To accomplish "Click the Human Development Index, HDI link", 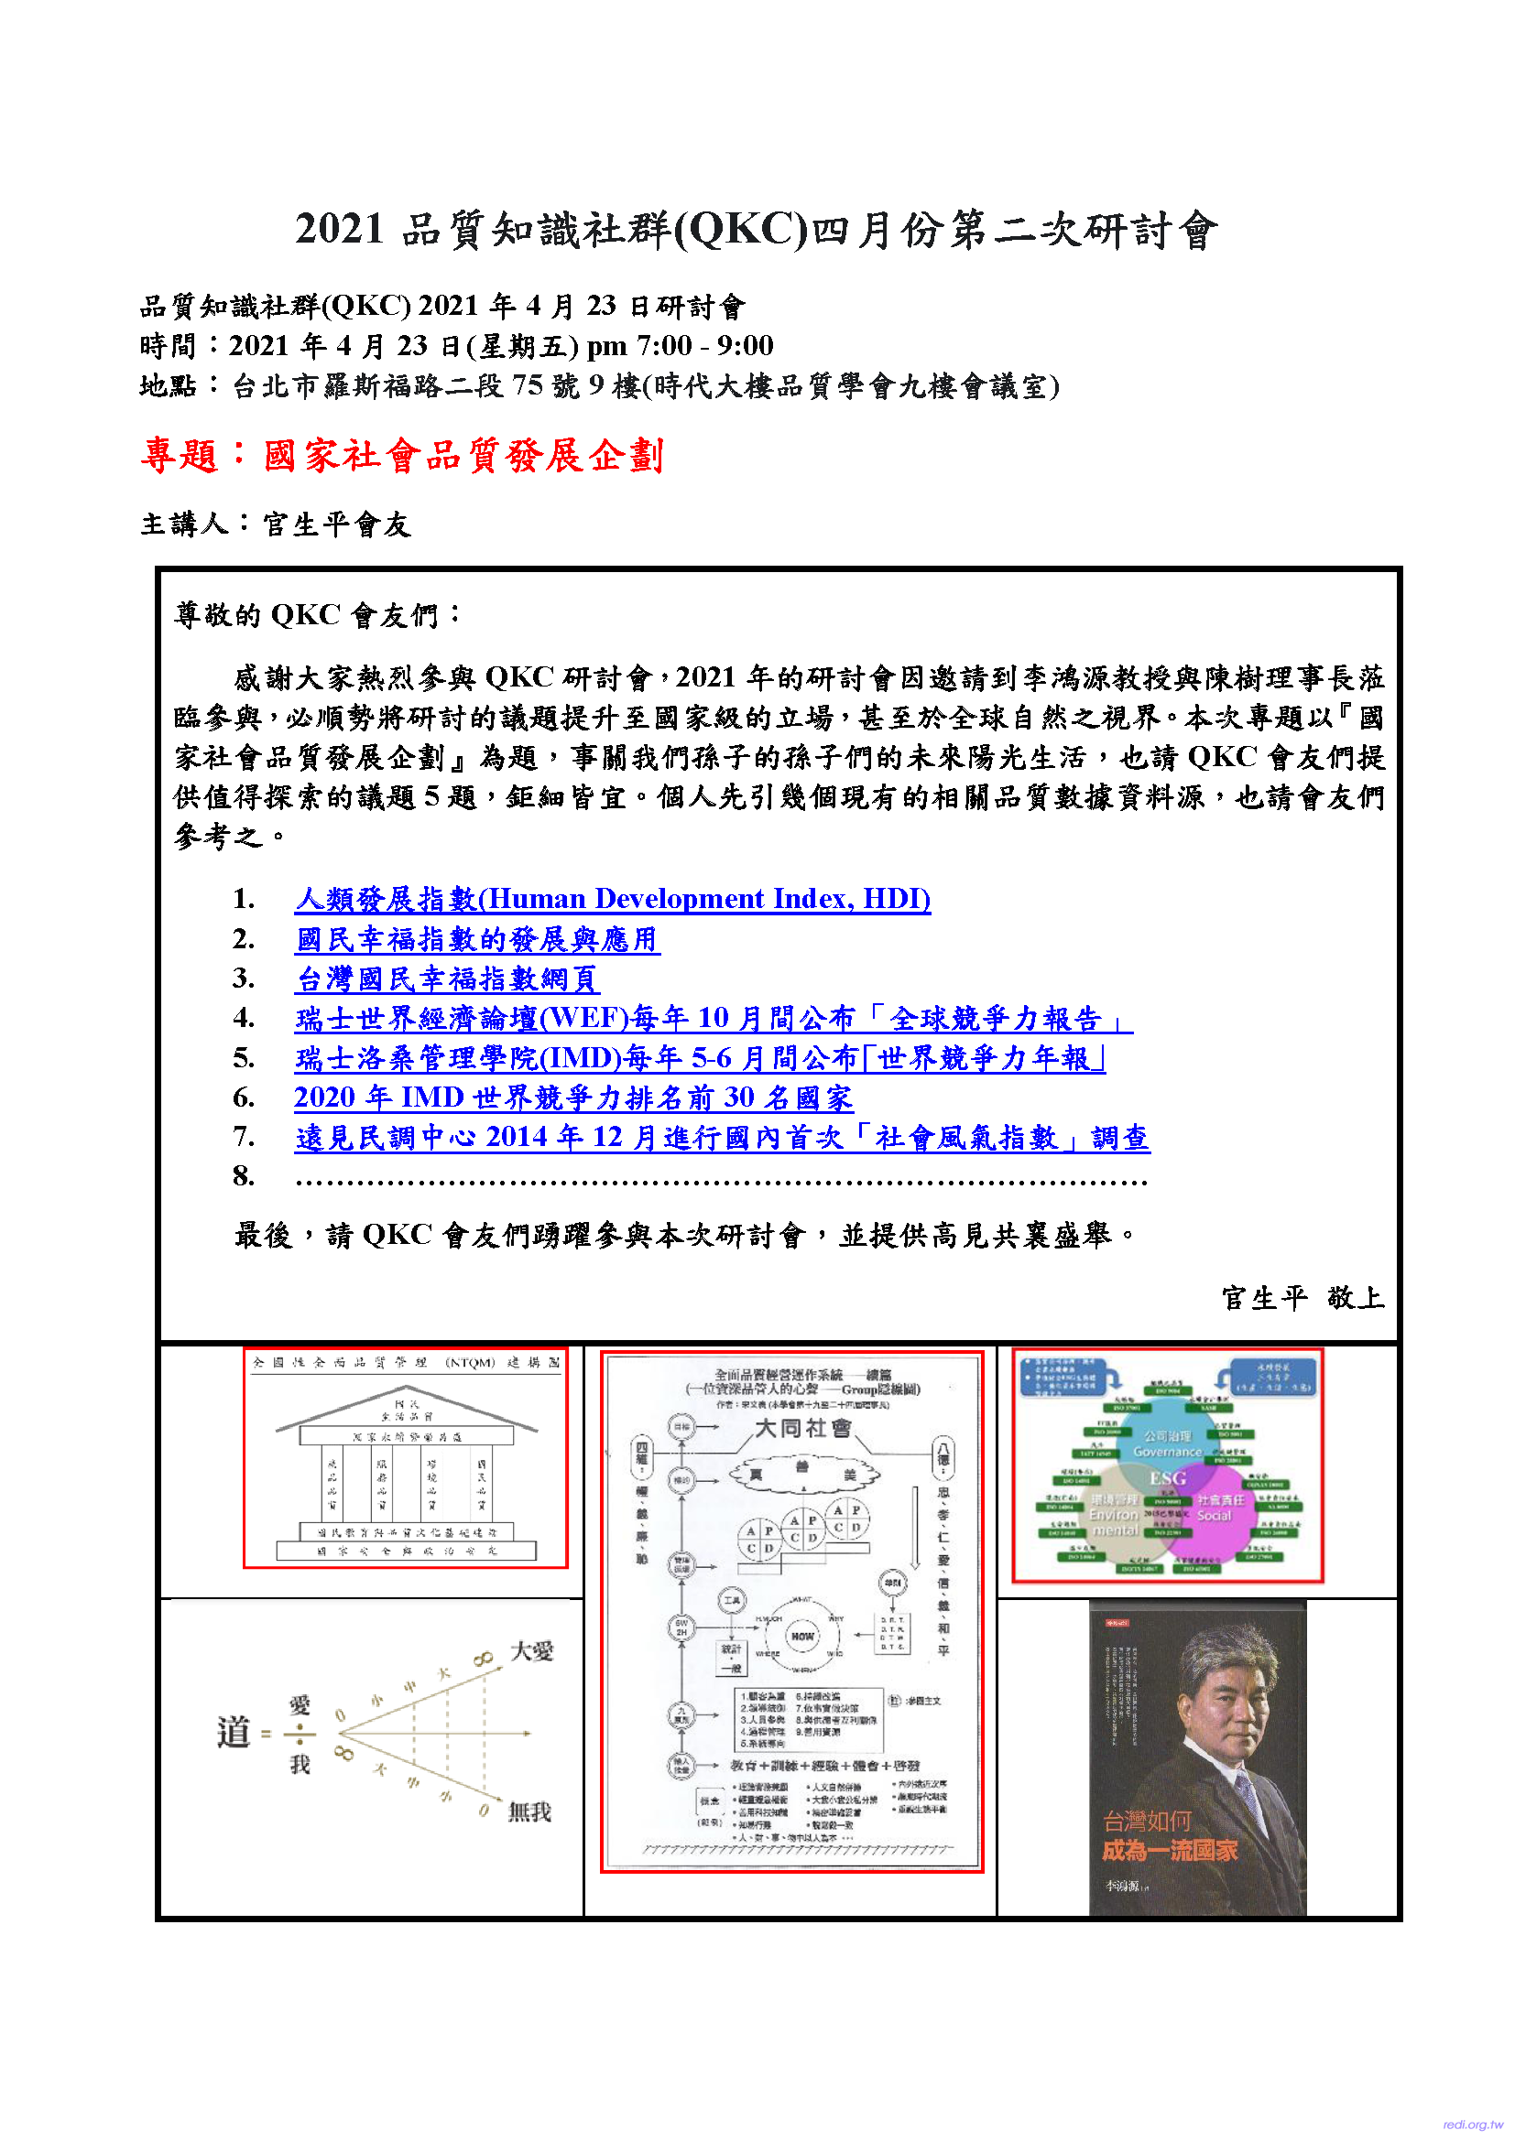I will tap(612, 899).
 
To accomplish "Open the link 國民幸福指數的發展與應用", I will tap(476, 939).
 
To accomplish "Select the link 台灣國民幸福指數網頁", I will tap(447, 979).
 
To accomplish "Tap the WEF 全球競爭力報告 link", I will tap(713, 1018).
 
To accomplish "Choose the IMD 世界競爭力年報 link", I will tap(700, 1058).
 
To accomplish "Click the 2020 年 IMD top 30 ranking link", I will tap(572, 1098).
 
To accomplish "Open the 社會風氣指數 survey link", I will tap(721, 1138).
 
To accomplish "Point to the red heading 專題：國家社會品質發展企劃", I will tap(402, 456).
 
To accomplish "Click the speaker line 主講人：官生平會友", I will tap(275, 524).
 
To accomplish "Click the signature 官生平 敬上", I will tap(1302, 1298).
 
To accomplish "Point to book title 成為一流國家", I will tap(1170, 1851).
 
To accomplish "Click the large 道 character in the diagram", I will tap(234, 1733).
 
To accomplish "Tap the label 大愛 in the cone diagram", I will tap(532, 1651).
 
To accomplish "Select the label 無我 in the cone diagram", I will tap(529, 1811).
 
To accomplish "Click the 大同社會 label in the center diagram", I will tap(802, 1429).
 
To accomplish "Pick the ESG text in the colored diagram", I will tap(1167, 1478).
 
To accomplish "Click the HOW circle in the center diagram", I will tap(802, 1636).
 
